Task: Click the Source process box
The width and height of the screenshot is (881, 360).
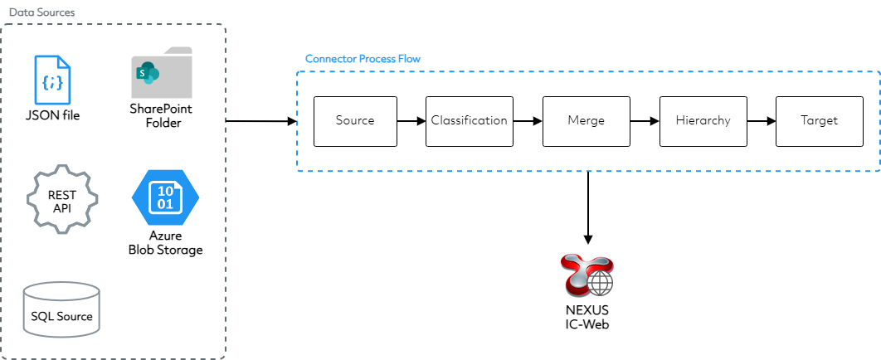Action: tap(355, 121)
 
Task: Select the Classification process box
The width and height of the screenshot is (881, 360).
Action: tap(469, 121)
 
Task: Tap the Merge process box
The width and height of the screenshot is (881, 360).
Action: tap(586, 121)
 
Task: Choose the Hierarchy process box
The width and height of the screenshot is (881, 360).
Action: tap(703, 121)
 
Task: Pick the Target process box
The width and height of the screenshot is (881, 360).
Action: tap(819, 121)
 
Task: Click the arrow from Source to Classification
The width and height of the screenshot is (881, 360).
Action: tap(411, 121)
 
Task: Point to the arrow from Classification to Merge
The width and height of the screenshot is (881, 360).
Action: tap(527, 121)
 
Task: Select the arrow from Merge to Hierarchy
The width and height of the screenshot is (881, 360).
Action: tap(644, 121)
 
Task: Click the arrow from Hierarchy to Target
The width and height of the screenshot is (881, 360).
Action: tap(761, 121)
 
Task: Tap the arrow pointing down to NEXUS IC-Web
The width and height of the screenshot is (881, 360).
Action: tap(587, 207)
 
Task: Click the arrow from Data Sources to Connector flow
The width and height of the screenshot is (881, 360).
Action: tap(260, 121)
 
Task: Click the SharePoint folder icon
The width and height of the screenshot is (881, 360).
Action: tap(162, 74)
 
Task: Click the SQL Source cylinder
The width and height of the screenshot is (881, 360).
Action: tap(62, 309)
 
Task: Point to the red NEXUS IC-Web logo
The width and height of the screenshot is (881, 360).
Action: tap(588, 275)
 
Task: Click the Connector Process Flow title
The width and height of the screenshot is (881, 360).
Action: tap(363, 59)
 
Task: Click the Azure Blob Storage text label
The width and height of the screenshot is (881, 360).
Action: tap(165, 243)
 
